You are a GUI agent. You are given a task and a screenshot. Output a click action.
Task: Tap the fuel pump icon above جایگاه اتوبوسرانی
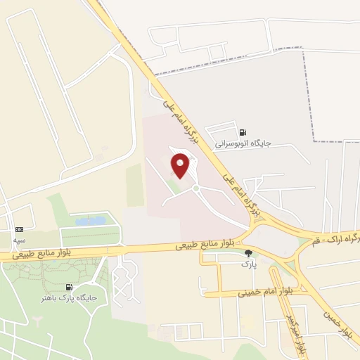(x=243, y=131)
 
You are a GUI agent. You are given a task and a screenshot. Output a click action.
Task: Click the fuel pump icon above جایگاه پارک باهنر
(x=68, y=287)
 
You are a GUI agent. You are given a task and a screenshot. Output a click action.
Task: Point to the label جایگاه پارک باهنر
(x=68, y=298)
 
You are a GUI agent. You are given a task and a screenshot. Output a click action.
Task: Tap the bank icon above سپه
(x=19, y=229)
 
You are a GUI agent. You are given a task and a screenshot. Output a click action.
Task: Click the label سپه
(x=19, y=240)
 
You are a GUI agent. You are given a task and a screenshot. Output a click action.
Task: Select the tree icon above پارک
(x=247, y=253)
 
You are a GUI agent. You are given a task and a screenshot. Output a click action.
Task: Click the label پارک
(x=245, y=264)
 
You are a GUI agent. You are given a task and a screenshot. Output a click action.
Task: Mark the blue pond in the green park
(x=90, y=221)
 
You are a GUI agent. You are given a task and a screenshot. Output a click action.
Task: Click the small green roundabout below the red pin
(x=195, y=188)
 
